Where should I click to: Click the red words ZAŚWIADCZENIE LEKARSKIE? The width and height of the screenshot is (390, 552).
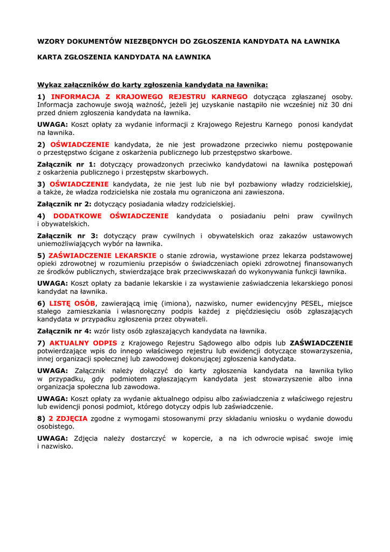point(102,256)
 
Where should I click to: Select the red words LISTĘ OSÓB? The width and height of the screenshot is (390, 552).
point(72,303)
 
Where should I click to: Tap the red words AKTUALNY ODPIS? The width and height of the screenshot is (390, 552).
point(83,343)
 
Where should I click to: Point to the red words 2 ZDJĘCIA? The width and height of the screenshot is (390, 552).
point(68,418)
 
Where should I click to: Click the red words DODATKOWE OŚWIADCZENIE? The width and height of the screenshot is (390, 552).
point(111,216)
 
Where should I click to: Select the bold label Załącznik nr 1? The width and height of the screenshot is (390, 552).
point(66,164)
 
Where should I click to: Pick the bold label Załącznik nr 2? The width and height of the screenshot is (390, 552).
point(64,204)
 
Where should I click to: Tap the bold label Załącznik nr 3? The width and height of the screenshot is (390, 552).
point(67,236)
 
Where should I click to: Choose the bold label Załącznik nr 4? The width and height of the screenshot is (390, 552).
point(64,331)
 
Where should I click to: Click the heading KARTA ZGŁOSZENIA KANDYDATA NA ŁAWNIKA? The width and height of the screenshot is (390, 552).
point(124,57)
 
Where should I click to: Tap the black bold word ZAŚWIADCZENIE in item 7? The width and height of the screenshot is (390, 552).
point(321,343)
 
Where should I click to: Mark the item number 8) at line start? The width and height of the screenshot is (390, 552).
point(41,418)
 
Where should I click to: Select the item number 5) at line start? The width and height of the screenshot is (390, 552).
point(41,256)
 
